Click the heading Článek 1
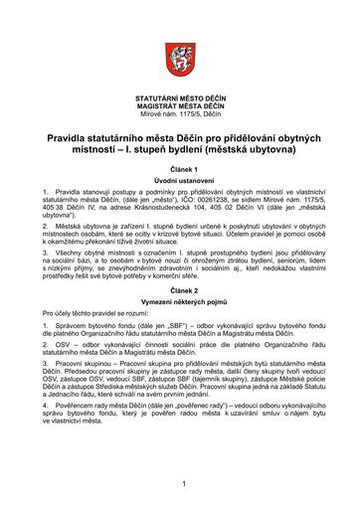tap(180, 167)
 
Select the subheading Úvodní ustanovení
tap(180, 179)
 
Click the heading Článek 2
tap(180, 303)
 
